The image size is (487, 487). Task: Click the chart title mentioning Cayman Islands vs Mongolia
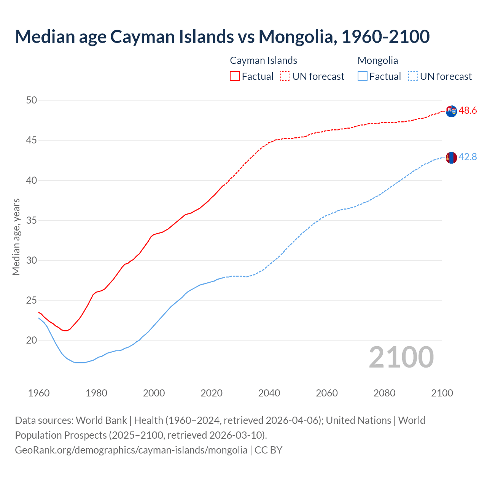click(222, 37)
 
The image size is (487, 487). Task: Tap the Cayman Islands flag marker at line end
click(451, 111)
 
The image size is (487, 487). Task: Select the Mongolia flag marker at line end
click(451, 158)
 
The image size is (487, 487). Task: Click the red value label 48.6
click(468, 111)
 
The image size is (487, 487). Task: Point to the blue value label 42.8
click(468, 157)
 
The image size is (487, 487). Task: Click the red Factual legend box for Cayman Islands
click(235, 76)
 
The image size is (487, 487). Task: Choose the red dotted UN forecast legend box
click(285, 76)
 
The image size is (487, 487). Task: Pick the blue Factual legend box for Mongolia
click(363, 76)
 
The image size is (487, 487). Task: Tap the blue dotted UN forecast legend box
click(413, 76)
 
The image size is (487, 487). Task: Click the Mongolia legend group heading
click(377, 60)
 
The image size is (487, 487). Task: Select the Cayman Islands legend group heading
click(263, 60)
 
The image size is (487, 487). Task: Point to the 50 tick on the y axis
click(32, 100)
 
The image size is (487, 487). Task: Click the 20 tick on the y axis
click(32, 341)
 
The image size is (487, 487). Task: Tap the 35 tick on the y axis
click(32, 221)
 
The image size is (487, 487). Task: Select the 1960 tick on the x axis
click(39, 393)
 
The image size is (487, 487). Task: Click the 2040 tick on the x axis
click(269, 393)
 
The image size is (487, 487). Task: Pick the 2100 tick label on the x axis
click(442, 393)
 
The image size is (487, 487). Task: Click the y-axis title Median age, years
click(16, 237)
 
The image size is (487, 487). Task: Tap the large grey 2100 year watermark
click(401, 357)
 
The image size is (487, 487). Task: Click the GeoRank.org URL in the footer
click(131, 450)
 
